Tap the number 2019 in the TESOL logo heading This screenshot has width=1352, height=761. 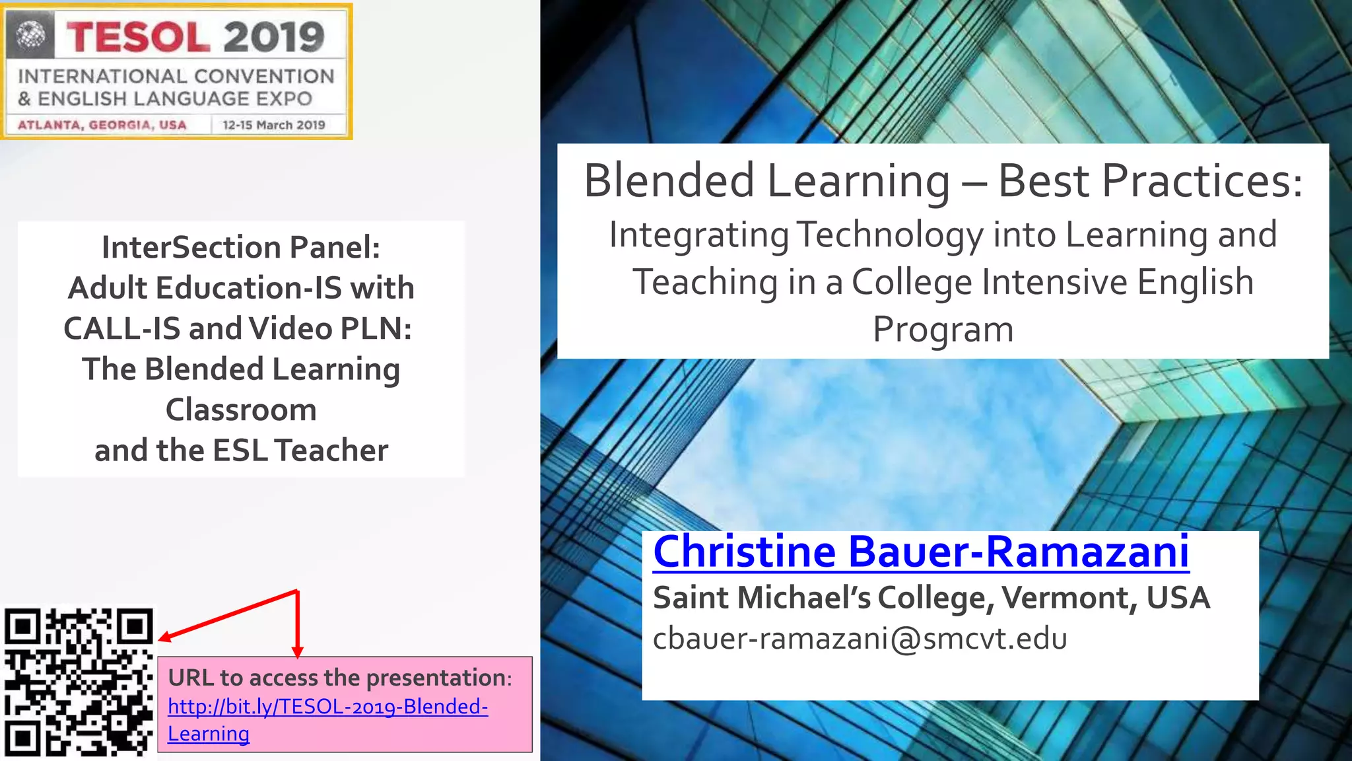click(274, 37)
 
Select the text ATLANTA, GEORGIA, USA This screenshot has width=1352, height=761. click(102, 125)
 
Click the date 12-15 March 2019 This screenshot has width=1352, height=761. click(274, 125)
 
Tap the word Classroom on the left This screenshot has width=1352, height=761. click(241, 410)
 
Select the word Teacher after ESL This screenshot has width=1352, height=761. click(331, 451)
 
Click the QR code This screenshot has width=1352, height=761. click(78, 683)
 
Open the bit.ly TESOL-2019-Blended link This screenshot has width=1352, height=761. click(327, 707)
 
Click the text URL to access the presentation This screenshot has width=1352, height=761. click(339, 678)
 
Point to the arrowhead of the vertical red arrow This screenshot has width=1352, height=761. click(298, 652)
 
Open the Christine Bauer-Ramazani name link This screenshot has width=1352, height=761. click(921, 552)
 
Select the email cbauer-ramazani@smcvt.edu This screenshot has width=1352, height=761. click(860, 639)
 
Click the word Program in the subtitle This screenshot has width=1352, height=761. click(943, 330)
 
